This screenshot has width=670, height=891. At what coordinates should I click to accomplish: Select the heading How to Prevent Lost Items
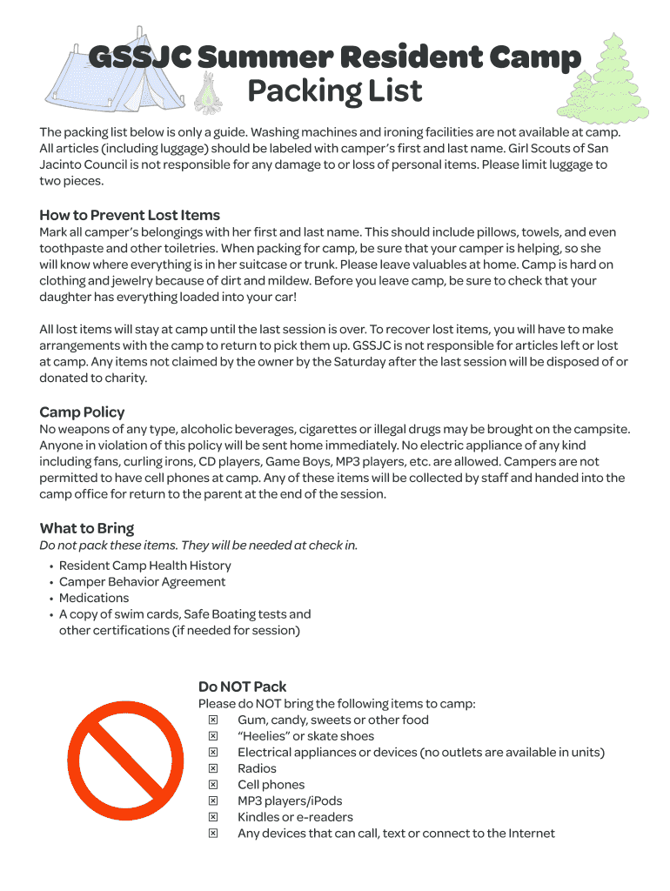coord(130,215)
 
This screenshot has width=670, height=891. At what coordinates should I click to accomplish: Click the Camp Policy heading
coord(82,412)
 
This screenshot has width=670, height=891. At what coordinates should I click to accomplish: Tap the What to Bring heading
coord(86,528)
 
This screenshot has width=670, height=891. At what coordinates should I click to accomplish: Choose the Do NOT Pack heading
coord(242,687)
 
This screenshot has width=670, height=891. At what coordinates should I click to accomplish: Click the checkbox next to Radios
coord(212,768)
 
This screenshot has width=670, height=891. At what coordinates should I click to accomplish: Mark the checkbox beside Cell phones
coord(212,785)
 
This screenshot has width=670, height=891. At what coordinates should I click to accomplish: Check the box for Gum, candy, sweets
coord(212,720)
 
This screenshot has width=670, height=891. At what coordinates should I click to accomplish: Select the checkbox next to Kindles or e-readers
coord(212,817)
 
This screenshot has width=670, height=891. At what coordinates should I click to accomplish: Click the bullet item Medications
coord(94,598)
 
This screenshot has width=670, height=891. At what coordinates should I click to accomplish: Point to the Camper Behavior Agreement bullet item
coord(142,581)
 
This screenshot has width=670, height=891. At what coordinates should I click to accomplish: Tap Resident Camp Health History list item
coord(144,566)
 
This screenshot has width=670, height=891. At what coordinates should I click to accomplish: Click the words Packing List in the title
coord(335,90)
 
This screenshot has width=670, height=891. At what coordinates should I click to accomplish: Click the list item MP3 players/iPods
coord(290,801)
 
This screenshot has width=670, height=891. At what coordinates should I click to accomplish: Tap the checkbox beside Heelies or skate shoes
coord(212,736)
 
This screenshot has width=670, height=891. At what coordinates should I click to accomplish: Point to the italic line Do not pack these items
coord(198,546)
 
